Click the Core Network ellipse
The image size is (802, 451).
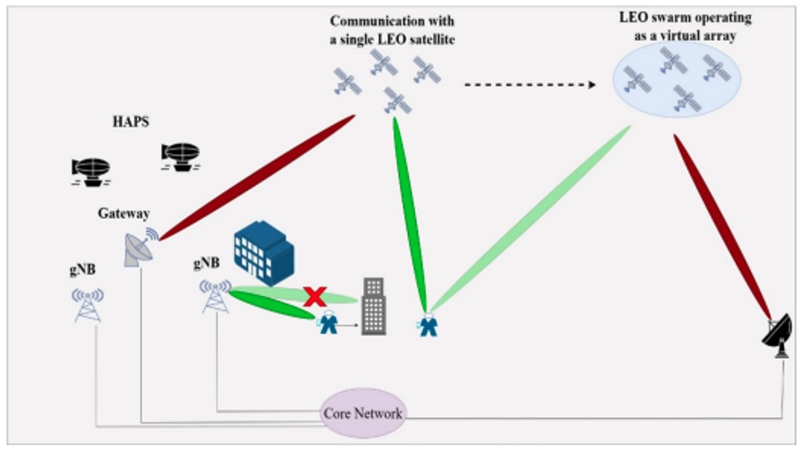tap(362, 413)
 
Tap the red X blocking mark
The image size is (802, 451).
tap(314, 295)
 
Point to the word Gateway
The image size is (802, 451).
tap(124, 213)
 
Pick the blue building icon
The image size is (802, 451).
tap(263, 255)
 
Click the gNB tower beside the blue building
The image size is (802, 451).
tap(215, 296)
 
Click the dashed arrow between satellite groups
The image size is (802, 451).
tap(528, 85)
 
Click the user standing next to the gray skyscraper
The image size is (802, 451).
tap(327, 324)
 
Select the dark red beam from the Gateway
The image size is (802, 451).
tap(257, 177)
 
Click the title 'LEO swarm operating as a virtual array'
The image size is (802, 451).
tap(684, 27)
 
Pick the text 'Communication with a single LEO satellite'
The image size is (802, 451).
tap(392, 31)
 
